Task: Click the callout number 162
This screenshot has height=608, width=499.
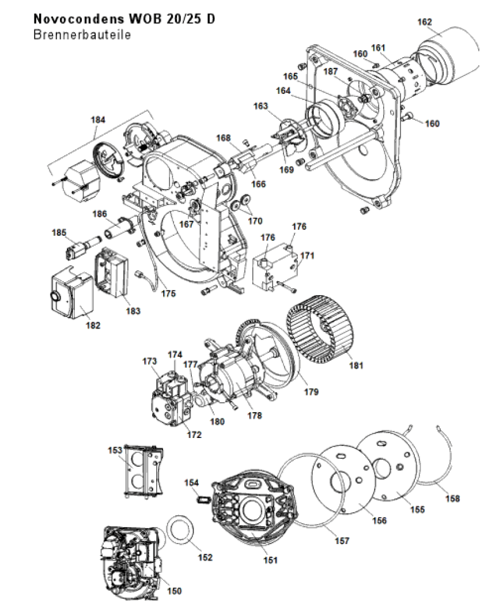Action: click(x=425, y=22)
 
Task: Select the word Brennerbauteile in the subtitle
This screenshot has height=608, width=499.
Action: click(x=82, y=35)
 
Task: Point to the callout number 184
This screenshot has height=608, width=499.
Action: click(x=98, y=119)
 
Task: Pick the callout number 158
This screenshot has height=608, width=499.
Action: click(x=452, y=499)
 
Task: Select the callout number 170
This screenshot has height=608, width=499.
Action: click(x=255, y=221)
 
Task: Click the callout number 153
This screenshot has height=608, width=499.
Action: click(x=115, y=450)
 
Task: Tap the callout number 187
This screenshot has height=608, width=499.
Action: click(x=330, y=71)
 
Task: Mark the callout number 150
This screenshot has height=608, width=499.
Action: click(x=174, y=591)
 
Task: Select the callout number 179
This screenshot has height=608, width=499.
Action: click(x=311, y=392)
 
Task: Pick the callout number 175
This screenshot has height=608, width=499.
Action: click(x=168, y=293)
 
